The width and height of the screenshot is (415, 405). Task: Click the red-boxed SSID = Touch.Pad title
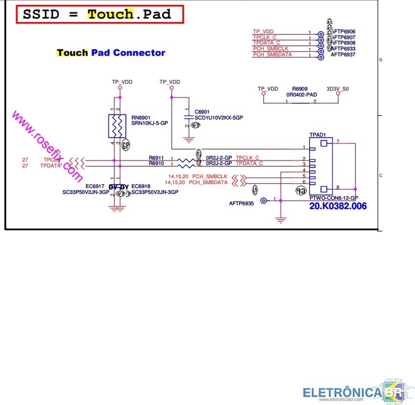101,15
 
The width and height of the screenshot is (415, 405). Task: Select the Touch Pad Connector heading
111,53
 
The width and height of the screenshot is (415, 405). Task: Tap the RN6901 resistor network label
140,117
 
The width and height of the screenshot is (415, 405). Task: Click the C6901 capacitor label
202,111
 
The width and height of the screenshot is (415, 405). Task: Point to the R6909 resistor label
300,88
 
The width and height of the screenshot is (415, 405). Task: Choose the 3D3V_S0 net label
338,88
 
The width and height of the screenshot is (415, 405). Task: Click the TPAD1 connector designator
317,134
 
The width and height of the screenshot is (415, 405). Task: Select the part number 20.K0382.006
338,206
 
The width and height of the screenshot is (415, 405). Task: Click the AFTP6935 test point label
242,204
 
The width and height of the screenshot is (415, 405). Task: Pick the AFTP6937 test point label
343,55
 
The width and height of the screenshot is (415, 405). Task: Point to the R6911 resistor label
156,158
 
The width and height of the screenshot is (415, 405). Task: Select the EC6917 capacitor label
95,186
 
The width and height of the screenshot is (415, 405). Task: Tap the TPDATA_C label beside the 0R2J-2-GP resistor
249,163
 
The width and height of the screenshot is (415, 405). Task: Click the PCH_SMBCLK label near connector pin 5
209,177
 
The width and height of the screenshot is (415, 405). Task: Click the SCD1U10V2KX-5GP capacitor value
219,117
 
